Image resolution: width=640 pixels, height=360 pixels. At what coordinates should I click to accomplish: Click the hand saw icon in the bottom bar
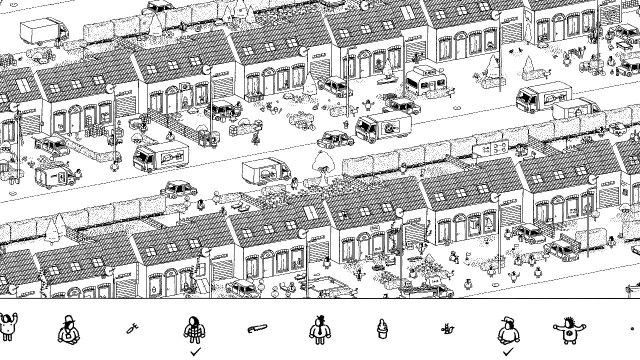(257, 328)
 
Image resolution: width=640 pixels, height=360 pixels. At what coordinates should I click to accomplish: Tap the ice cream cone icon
(382, 328)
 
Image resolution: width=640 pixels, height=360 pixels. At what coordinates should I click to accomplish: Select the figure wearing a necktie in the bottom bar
(318, 330)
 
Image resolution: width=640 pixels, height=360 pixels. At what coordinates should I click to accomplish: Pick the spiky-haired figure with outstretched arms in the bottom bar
(568, 330)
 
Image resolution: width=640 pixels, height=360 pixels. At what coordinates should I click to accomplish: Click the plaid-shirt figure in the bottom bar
(194, 329)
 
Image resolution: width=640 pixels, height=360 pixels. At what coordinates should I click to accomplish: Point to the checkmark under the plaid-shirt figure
(195, 352)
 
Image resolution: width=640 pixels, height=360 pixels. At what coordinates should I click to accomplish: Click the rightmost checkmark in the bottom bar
(508, 352)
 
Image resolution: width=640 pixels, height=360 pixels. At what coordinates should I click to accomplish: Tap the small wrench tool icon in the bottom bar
(132, 329)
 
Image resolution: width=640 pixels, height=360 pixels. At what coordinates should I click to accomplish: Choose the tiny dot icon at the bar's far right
(632, 328)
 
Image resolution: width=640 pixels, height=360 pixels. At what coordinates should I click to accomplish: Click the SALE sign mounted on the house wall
(374, 228)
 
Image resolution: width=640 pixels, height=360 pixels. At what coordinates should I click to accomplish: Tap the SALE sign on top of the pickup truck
(434, 281)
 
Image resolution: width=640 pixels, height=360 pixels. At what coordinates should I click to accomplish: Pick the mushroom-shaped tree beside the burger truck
(322, 162)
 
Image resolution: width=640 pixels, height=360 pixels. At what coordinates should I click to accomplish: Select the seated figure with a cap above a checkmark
(508, 330)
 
